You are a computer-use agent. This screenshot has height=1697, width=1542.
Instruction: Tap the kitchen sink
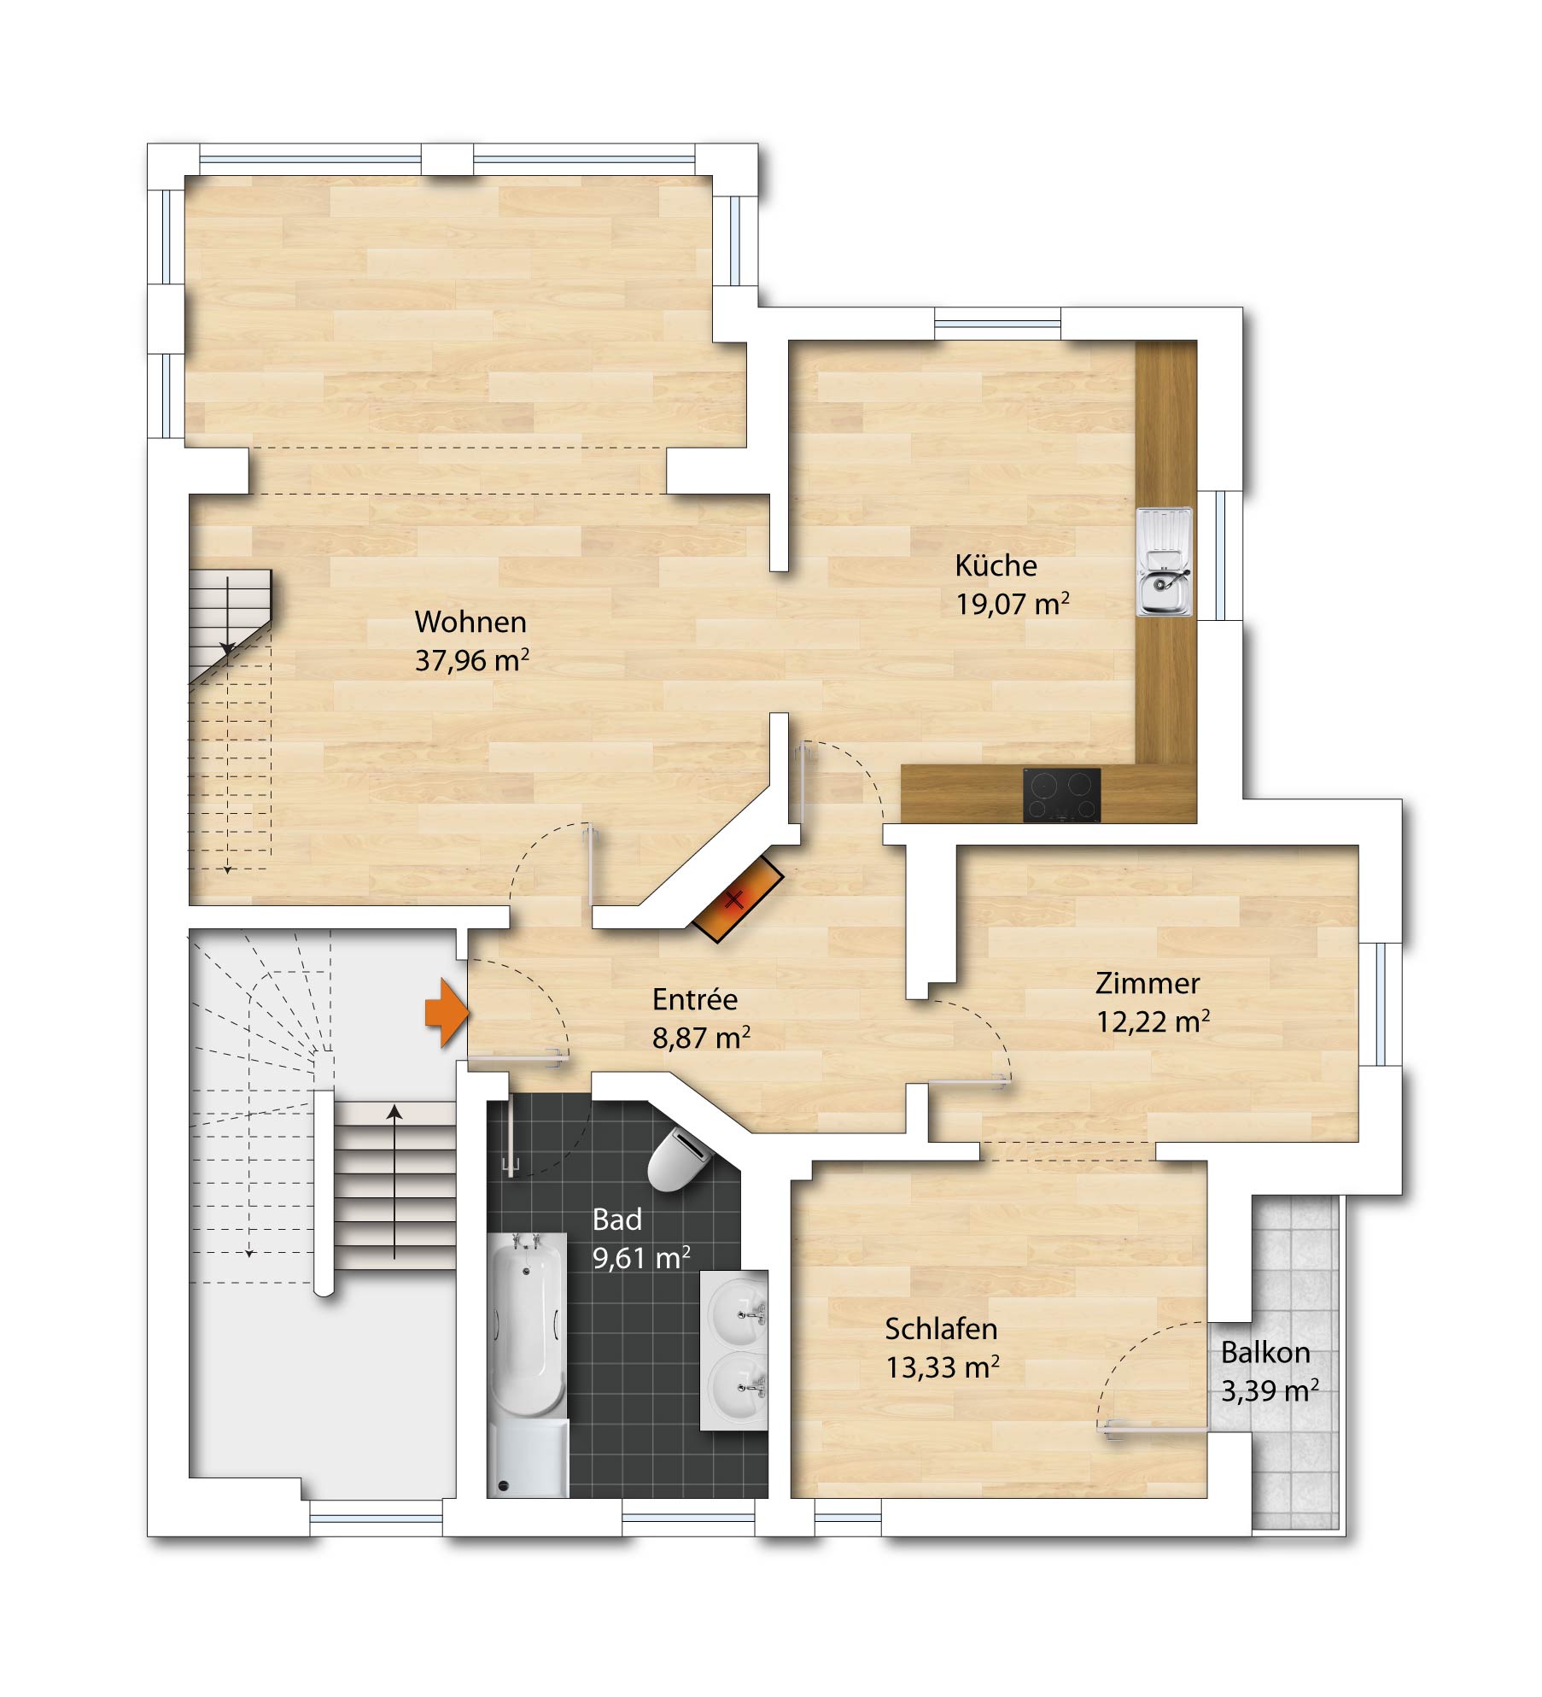[1164, 561]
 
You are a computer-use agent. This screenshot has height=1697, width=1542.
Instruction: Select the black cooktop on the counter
[1061, 795]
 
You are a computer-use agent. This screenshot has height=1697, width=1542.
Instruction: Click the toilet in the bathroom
[680, 1159]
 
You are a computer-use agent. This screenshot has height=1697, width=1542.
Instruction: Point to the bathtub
[527, 1364]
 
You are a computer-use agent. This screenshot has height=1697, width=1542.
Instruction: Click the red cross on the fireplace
[734, 898]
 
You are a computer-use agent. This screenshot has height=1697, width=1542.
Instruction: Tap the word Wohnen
[470, 622]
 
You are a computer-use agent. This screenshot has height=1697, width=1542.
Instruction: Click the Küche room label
[996, 565]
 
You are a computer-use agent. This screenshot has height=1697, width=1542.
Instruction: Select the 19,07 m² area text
[1013, 604]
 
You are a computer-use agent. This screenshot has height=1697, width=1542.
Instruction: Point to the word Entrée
[694, 999]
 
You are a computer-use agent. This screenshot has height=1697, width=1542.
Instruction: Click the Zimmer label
[1148, 983]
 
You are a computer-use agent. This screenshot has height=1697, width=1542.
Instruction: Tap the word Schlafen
[941, 1329]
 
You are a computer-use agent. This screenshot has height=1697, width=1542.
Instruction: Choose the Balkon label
[1265, 1353]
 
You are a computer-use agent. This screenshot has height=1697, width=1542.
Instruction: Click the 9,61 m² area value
[641, 1258]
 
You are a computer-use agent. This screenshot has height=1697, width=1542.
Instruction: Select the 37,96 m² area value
[472, 660]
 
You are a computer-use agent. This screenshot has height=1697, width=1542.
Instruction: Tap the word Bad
[616, 1220]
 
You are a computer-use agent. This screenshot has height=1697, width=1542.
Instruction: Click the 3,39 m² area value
[1270, 1391]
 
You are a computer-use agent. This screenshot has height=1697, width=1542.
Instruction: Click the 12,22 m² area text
[1153, 1021]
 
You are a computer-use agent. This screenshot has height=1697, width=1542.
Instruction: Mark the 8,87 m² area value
[701, 1038]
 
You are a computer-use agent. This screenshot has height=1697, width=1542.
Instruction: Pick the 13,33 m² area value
[942, 1367]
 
